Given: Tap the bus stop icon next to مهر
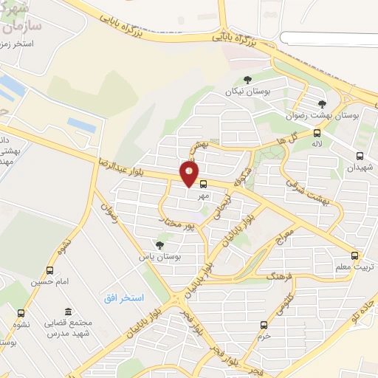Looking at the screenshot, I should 204,185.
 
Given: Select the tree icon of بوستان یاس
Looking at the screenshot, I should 159,245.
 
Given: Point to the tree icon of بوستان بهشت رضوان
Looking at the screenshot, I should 321,104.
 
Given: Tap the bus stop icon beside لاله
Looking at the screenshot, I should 317,134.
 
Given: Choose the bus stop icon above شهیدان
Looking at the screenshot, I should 360,156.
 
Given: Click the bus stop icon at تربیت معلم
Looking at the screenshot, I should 357,254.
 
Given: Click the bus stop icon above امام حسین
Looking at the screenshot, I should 49,270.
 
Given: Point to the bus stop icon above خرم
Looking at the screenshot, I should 264,324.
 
